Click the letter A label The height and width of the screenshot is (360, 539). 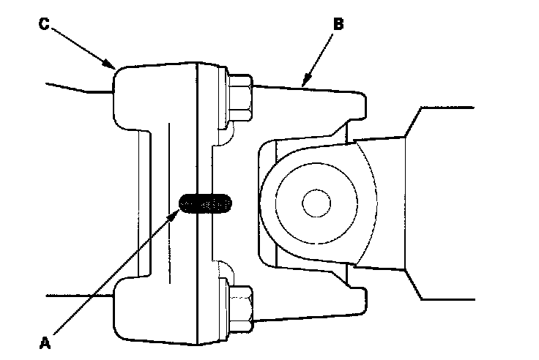pyautogui.click(x=45, y=340)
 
